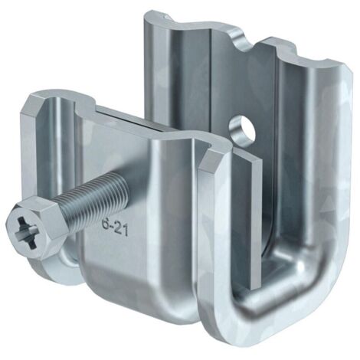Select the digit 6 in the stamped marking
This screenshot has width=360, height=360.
[x=104, y=224]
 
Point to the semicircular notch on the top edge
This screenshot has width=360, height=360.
[x=245, y=44]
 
